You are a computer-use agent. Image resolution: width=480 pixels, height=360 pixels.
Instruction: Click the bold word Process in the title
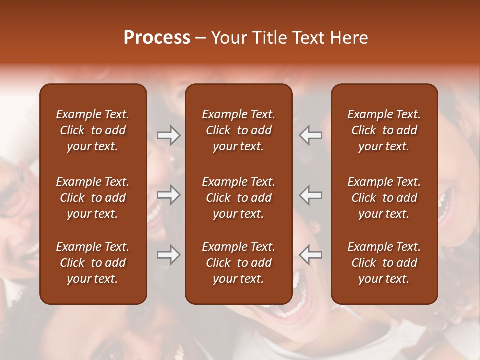coord(157,38)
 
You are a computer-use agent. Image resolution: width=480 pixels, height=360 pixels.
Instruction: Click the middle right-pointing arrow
coord(169,195)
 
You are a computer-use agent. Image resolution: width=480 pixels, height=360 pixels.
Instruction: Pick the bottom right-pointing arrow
coord(169,255)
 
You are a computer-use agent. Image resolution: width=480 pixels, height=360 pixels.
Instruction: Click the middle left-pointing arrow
coord(311,195)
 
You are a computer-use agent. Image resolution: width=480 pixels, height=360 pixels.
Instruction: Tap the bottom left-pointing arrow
coord(311,255)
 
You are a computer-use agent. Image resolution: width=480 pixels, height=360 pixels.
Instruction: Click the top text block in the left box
coord(93,130)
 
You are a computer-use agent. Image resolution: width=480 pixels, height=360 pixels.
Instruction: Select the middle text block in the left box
coord(93,198)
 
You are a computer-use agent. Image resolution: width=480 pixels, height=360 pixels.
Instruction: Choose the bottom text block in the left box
coord(93,263)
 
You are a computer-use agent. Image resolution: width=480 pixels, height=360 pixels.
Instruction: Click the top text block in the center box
coord(238,130)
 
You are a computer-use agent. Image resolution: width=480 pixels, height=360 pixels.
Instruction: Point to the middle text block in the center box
coord(238,198)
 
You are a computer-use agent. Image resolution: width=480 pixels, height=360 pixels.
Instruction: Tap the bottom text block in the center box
coord(238,263)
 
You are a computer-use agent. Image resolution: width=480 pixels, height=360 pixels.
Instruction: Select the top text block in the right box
coord(384,130)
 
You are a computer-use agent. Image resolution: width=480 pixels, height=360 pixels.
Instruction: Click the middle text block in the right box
coord(384,198)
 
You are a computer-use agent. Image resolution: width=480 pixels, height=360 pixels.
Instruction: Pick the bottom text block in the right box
coord(384,263)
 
